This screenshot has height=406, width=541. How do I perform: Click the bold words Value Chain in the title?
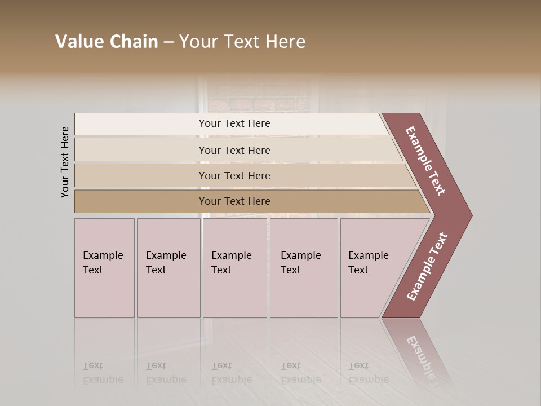click(107, 42)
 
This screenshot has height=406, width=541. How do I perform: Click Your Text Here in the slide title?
click(242, 42)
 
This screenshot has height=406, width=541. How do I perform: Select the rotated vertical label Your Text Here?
click(65, 162)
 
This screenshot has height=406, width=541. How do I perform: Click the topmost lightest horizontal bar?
click(141, 124)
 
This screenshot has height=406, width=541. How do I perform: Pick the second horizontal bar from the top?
click(141, 150)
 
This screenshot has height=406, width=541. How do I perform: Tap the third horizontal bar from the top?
click(141, 175)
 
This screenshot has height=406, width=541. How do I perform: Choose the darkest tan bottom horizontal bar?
click(141, 201)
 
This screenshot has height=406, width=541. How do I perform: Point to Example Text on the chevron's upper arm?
click(425, 161)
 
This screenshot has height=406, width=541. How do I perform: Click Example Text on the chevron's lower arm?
click(427, 267)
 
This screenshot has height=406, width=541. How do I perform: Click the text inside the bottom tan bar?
click(234, 201)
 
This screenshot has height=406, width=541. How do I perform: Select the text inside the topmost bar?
click(234, 123)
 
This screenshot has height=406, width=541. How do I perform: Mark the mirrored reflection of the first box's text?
click(103, 373)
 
